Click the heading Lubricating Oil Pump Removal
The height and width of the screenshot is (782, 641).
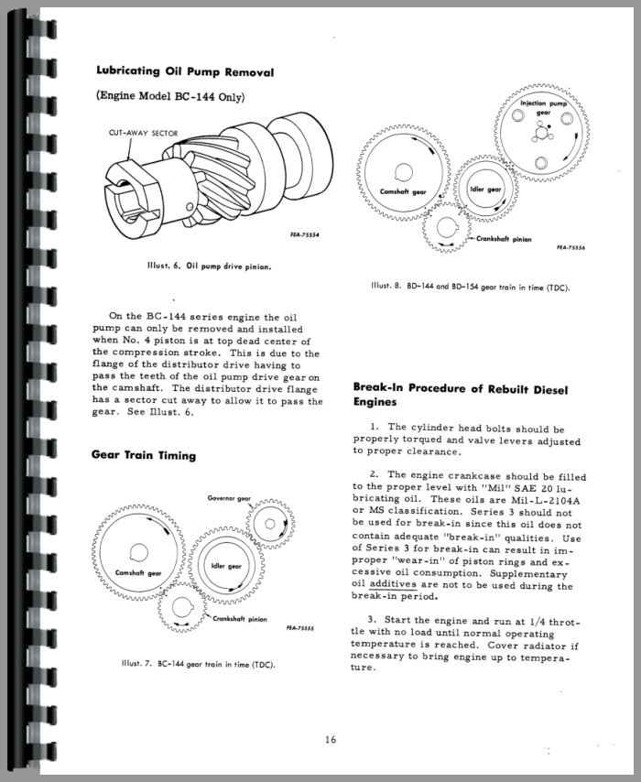point(184,71)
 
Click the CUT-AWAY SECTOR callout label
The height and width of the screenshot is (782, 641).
point(144,131)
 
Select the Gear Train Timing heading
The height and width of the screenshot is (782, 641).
point(143,455)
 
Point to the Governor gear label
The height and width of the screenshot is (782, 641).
point(231,498)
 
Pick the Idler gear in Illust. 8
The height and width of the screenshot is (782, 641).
point(486,189)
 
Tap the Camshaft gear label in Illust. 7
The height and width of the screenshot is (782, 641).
point(138,573)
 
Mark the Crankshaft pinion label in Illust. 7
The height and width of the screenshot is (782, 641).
point(240,620)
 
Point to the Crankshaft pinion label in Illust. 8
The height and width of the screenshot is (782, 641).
point(504,238)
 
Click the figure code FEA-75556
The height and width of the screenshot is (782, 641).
point(571,247)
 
